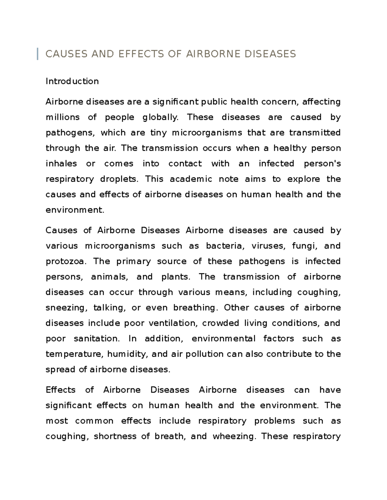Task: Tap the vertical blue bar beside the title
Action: (38, 54)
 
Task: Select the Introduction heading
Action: (72, 81)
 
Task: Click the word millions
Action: (63, 117)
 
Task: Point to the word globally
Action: (160, 118)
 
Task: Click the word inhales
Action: (61, 164)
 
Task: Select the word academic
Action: (191, 179)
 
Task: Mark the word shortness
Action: (114, 437)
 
